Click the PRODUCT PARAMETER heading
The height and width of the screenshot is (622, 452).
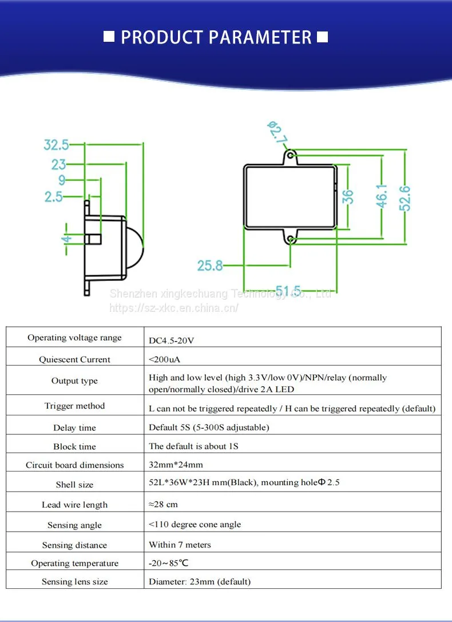[x=216, y=37]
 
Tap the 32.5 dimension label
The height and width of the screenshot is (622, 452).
[x=56, y=145]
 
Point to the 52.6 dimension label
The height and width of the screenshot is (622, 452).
[x=406, y=198]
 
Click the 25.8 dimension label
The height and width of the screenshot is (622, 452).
[x=210, y=266]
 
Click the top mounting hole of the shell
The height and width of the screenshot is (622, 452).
[x=291, y=154]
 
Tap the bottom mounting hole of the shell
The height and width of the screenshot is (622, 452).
[x=291, y=240]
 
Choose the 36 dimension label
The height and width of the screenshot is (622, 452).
[x=348, y=197]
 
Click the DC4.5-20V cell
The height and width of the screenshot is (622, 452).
[x=171, y=340]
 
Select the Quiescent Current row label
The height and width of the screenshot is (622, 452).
[x=74, y=359]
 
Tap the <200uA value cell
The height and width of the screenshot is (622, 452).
[x=165, y=359]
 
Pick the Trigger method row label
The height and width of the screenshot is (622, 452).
[x=74, y=406]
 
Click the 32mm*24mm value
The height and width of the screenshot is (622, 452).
[x=176, y=465]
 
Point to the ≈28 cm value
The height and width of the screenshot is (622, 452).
[x=164, y=505]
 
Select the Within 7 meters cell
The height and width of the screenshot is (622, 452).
[x=180, y=545]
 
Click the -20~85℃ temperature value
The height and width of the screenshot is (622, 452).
[x=169, y=563]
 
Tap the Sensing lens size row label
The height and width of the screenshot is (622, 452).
[x=74, y=581]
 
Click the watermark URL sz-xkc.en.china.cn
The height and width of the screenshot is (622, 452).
[x=174, y=308]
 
